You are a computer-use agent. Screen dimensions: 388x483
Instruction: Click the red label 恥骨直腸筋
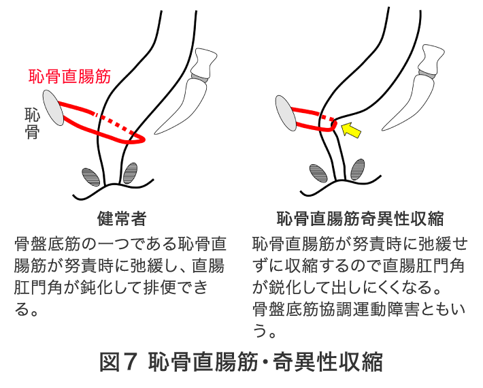[69, 76]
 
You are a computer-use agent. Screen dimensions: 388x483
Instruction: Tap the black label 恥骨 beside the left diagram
[32, 123]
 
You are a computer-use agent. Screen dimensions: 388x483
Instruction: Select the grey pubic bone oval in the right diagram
[286, 113]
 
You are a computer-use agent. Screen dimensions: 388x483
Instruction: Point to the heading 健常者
[122, 219]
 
